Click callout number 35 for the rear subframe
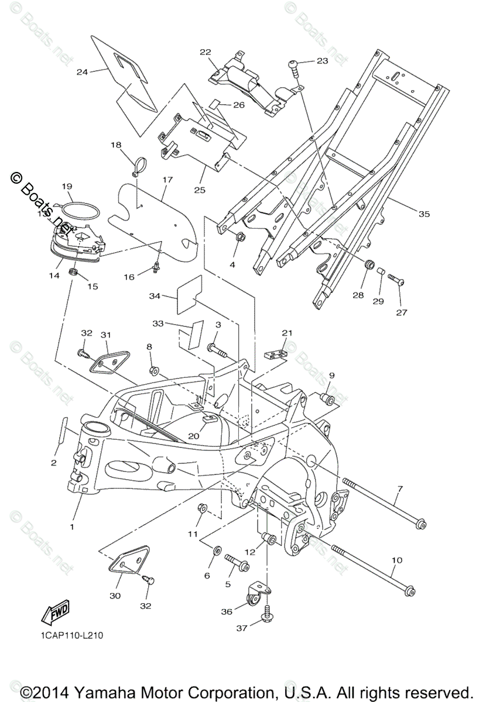pos(424,214)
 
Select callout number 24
pos(82,72)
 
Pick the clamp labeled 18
pos(138,166)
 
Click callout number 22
pos(205,52)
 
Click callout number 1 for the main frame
pos(73,527)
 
